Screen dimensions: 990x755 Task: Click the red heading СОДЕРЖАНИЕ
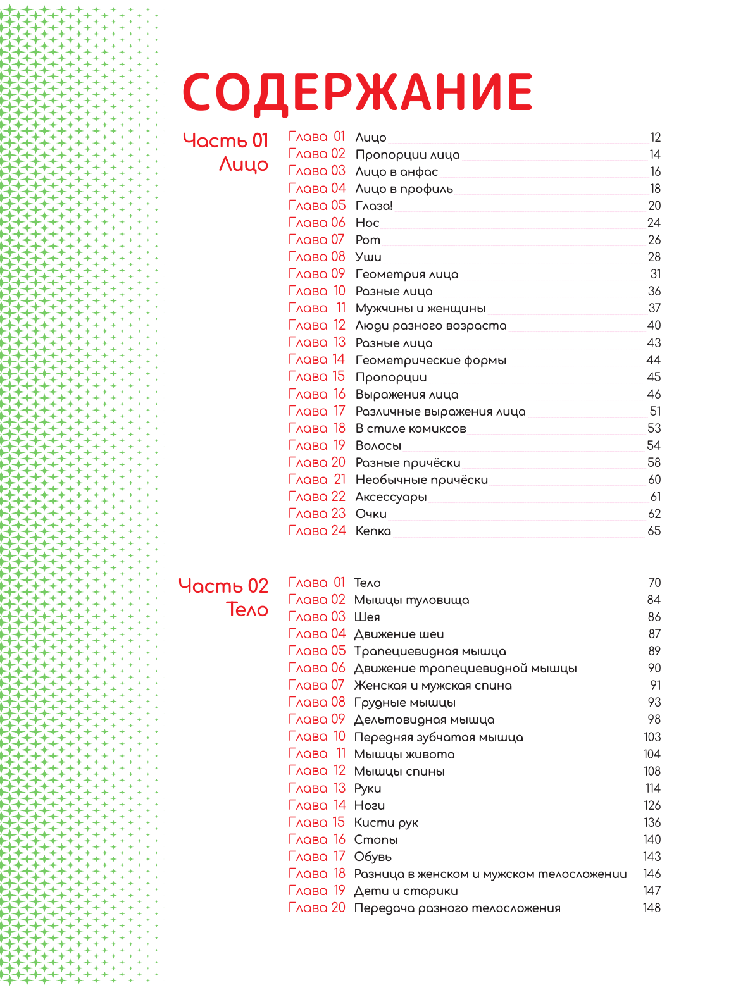358,92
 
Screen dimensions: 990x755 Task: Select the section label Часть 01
225,140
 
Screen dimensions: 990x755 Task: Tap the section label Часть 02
223,586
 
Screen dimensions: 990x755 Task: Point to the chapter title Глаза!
374,206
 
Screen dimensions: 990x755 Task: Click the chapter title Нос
367,223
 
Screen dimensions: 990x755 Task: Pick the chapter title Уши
368,257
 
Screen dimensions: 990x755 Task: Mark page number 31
655,274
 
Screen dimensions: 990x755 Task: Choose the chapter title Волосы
378,445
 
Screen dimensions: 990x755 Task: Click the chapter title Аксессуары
390,497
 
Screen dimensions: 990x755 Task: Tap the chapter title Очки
371,514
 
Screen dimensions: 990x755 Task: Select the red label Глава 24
317,531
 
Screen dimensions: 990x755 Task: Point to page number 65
654,531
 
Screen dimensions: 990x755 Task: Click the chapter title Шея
367,617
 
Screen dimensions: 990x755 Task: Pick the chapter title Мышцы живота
404,754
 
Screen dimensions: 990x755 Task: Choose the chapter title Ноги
370,805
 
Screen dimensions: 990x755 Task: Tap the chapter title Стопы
376,839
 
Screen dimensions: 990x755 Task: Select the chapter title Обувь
373,857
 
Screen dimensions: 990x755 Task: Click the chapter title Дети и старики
406,891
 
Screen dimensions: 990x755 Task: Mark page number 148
651,908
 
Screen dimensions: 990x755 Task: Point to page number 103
652,737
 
